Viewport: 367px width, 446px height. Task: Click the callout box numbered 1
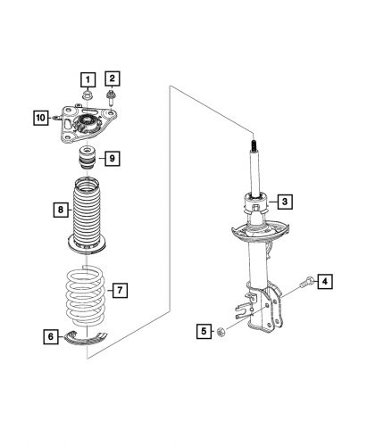pyautogui.click(x=88, y=78)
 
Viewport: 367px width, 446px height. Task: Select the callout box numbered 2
pyautogui.click(x=113, y=78)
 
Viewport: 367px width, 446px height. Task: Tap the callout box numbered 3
pyautogui.click(x=282, y=202)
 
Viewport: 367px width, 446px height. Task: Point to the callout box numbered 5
pyautogui.click(x=204, y=332)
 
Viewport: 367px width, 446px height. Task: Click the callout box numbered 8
pyautogui.click(x=58, y=211)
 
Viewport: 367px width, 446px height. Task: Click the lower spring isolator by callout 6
pyautogui.click(x=89, y=337)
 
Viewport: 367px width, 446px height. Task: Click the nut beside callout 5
pyautogui.click(x=222, y=333)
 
